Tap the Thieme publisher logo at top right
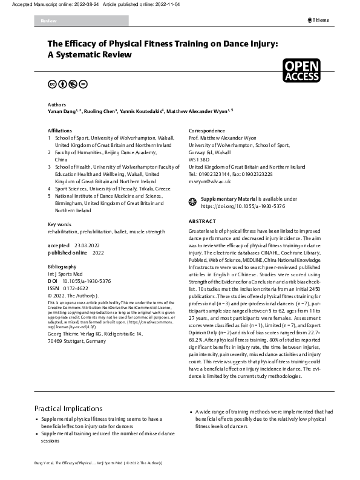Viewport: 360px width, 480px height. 319,20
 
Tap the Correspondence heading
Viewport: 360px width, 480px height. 209,131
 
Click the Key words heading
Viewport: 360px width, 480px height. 61,225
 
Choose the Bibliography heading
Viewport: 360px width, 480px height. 62,266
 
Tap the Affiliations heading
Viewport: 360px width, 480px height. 62,131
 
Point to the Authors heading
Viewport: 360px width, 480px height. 57,104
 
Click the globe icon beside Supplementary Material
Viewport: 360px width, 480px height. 193,199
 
